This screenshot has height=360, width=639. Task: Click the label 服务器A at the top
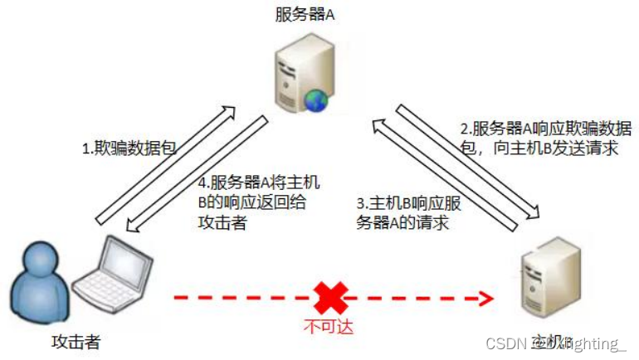(x=307, y=14)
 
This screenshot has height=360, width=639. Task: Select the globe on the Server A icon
(x=317, y=100)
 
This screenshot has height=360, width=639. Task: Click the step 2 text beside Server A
(x=546, y=139)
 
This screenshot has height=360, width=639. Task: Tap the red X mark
(x=331, y=297)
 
